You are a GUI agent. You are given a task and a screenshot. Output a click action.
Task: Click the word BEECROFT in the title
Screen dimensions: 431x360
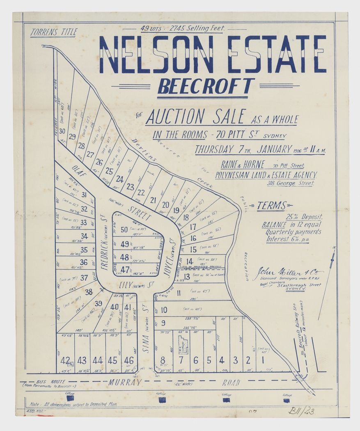pos(206,86)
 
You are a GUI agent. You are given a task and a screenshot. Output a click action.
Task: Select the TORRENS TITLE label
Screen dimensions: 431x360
pos(53,33)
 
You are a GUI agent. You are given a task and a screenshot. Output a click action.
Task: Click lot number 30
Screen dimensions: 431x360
pos(62,131)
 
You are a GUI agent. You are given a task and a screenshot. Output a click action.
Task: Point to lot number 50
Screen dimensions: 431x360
pos(124,230)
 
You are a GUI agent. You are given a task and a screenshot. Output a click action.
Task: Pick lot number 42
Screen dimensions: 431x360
pos(65,360)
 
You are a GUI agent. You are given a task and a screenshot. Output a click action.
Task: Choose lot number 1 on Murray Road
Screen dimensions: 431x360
pos(262,360)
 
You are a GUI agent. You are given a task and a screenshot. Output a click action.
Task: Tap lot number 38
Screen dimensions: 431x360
pos(89,292)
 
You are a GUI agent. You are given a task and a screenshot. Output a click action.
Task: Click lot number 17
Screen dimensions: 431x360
pos(193,227)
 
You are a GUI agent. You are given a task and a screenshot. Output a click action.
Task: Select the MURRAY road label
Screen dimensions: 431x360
pos(125,383)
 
